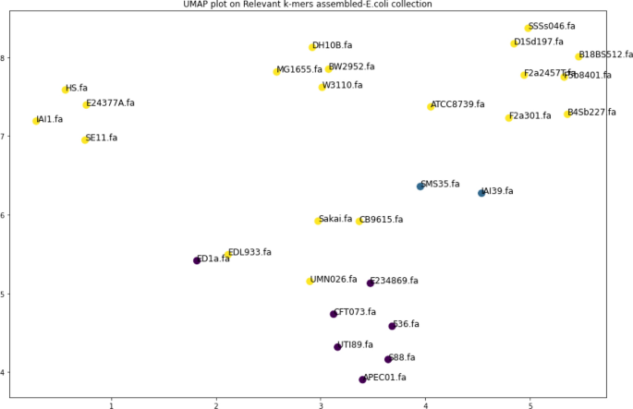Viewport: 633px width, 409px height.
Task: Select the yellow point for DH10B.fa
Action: tap(312, 47)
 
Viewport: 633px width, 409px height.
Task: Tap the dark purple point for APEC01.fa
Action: tap(362, 379)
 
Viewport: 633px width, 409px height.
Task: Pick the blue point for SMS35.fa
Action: tap(420, 186)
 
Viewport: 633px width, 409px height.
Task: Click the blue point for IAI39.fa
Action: tap(481, 193)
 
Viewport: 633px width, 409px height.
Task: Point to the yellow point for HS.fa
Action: tap(66, 90)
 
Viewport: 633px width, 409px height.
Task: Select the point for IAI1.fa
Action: tap(36, 121)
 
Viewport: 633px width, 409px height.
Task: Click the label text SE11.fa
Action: tap(102, 138)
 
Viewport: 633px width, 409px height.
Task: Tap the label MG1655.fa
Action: tap(299, 69)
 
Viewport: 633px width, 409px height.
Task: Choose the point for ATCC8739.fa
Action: tap(431, 107)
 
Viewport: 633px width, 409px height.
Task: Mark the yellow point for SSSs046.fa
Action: tap(529, 28)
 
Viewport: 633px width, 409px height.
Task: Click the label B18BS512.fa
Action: tap(606, 54)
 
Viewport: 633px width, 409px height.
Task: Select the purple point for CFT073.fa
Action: tap(334, 314)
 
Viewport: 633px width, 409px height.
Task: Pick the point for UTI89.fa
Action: tap(337, 347)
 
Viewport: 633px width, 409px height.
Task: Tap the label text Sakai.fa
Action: tap(335, 219)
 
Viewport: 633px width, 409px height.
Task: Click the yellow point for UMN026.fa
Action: tap(310, 281)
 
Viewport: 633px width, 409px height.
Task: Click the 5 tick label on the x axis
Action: tap(530, 403)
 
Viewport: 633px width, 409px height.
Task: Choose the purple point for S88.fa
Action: tap(388, 359)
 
